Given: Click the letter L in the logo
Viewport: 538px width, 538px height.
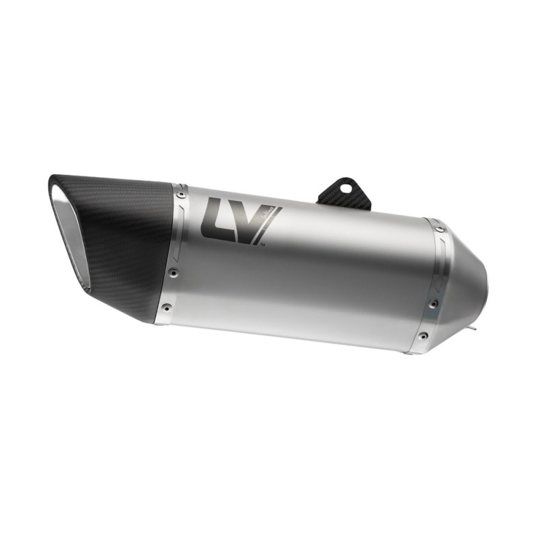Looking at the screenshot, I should [x=214, y=217].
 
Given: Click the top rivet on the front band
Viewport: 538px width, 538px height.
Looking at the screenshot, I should [x=180, y=195].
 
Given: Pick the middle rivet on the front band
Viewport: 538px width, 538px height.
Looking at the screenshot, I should [x=174, y=272].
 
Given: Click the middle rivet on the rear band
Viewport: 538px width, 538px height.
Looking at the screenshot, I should [x=432, y=304].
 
